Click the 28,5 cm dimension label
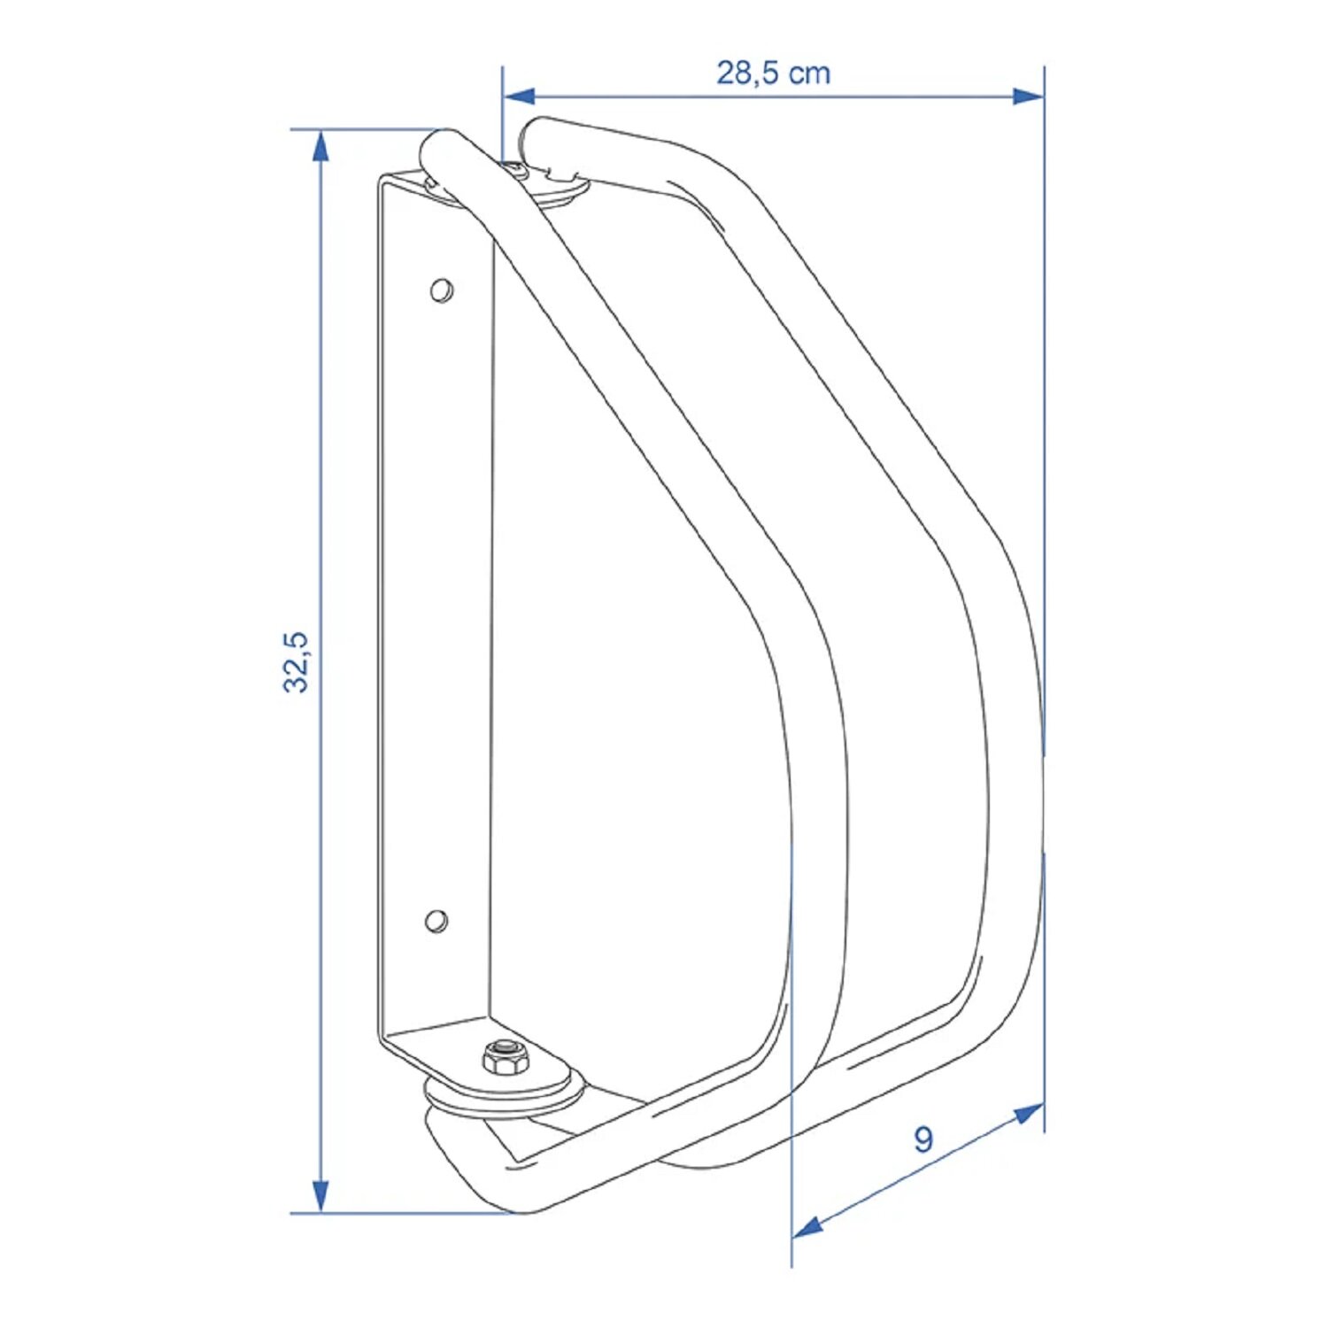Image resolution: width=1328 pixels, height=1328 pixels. [x=773, y=73]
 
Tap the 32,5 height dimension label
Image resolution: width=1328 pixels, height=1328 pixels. [x=296, y=661]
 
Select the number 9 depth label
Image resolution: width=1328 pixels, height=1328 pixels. [x=923, y=1139]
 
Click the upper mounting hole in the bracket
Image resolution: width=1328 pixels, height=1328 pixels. [x=441, y=290]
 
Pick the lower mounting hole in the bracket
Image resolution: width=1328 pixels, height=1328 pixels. [x=436, y=921]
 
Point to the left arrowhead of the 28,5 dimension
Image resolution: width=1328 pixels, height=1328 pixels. [x=519, y=96]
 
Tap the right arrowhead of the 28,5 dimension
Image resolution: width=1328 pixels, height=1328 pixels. [x=1028, y=96]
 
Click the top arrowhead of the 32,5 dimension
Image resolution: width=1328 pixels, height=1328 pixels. [x=320, y=146]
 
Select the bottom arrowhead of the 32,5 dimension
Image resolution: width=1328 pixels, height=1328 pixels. [x=320, y=1195]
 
